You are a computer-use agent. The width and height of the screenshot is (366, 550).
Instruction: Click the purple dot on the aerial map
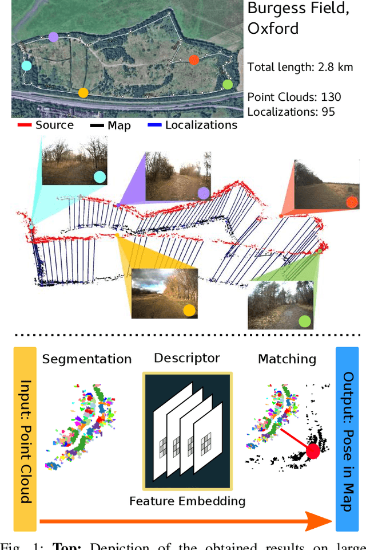[x=53, y=37]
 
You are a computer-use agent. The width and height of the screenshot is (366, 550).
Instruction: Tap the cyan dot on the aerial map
[x=26, y=65]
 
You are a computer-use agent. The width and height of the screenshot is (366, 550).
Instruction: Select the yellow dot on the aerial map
[x=83, y=92]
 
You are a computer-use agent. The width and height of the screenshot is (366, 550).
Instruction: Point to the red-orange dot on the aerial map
[x=194, y=60]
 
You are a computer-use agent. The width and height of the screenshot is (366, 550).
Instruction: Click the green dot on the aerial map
[x=228, y=85]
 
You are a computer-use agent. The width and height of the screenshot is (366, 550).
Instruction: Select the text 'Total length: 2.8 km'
[x=301, y=68]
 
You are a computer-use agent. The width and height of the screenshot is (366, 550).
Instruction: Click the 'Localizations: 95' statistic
[x=291, y=112]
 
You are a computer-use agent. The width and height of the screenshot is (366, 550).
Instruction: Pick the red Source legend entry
[x=46, y=125]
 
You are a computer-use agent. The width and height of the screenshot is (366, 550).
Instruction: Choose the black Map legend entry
[x=111, y=125]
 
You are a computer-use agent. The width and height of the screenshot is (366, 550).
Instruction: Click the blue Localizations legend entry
[x=191, y=125]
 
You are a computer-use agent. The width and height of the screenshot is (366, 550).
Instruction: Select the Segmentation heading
[x=87, y=359]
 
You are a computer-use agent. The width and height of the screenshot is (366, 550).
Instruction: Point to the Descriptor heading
[x=186, y=358]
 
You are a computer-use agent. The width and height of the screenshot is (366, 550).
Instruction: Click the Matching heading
[x=287, y=359]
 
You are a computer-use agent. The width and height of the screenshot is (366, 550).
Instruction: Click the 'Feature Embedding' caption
[x=187, y=501]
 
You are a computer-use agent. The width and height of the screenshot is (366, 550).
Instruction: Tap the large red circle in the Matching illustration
[x=313, y=451]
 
